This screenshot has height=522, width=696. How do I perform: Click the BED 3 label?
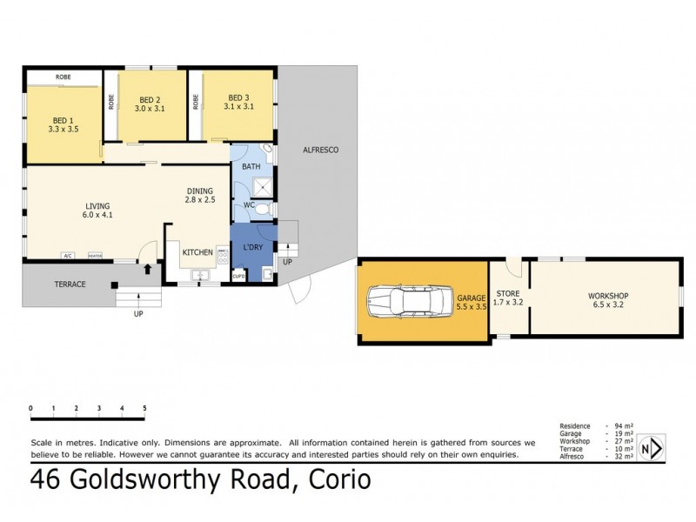coord(238,97)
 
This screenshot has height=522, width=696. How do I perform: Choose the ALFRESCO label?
coord(319,151)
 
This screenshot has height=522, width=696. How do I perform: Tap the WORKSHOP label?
coord(607,296)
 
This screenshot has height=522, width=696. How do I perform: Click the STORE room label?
coord(508,294)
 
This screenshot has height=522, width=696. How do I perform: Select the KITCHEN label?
coord(197,252)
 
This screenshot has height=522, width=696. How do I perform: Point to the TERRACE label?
coord(70,284)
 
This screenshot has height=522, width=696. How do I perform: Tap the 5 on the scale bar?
coord(144,408)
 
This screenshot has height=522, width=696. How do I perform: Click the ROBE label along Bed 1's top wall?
coord(64,77)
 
